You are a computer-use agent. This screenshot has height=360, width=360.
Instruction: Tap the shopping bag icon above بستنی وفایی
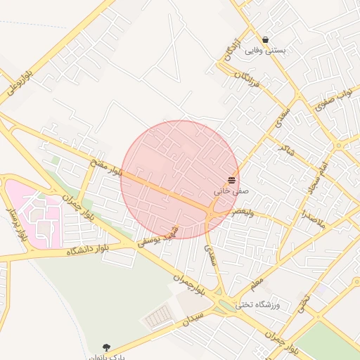[x=265, y=39]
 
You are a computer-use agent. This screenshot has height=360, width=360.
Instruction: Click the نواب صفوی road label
[x=334, y=100]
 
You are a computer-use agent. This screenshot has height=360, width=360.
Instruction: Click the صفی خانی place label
[x=231, y=191]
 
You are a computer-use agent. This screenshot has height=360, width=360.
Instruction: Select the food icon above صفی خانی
[x=232, y=180]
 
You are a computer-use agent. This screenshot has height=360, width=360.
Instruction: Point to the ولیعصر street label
[x=233, y=210]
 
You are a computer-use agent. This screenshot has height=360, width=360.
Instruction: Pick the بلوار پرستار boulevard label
[x=15, y=224]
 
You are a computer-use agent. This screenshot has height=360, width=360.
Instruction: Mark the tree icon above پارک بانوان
[x=106, y=347]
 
